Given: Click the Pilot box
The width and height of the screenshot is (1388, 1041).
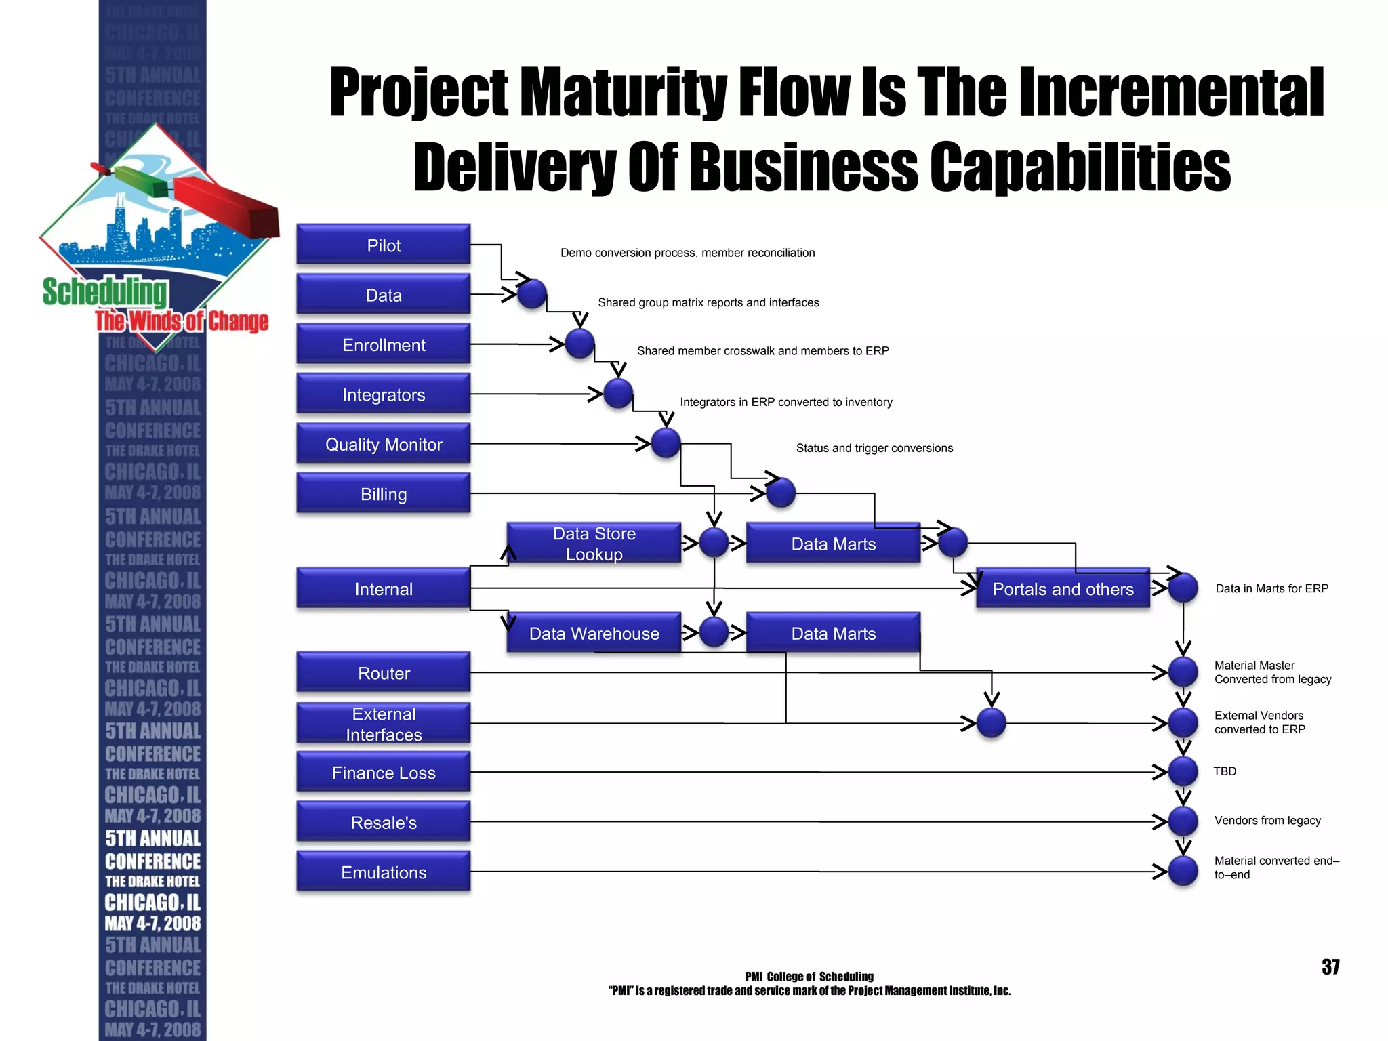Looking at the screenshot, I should [x=384, y=245].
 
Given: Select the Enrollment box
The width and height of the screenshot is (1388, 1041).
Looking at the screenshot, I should [x=384, y=344].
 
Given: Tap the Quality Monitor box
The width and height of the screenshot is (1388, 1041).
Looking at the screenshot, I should [x=384, y=444].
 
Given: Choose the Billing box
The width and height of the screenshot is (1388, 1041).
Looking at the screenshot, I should [x=384, y=493].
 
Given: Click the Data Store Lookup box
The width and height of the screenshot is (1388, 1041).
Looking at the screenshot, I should [x=594, y=543].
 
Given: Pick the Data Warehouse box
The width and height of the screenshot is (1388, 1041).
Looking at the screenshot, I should [x=594, y=633].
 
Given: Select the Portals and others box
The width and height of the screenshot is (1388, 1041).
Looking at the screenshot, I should [x=1063, y=588].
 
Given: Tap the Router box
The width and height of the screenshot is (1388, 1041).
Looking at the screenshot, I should [x=384, y=672].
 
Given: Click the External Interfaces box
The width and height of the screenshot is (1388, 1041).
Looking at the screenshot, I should [x=384, y=723].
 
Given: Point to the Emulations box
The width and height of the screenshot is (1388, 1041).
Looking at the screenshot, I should [x=384, y=872].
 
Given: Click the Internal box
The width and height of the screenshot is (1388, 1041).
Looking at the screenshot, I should [x=384, y=588].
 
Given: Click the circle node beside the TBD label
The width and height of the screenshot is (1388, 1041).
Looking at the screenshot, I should [x=1183, y=771].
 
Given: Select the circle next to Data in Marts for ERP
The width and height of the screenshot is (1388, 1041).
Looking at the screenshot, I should [x=1183, y=588].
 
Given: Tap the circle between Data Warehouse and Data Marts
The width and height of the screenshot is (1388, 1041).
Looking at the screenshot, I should [x=714, y=632].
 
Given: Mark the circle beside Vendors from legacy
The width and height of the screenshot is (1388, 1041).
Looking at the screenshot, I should [x=1183, y=821].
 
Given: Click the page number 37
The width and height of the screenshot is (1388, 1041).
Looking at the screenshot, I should [x=1330, y=966].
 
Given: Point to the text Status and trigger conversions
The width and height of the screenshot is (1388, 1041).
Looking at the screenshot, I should [x=874, y=448].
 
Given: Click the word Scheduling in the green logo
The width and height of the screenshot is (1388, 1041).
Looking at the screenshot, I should [x=105, y=292].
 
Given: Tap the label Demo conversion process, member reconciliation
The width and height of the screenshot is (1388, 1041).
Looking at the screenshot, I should [x=687, y=253].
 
